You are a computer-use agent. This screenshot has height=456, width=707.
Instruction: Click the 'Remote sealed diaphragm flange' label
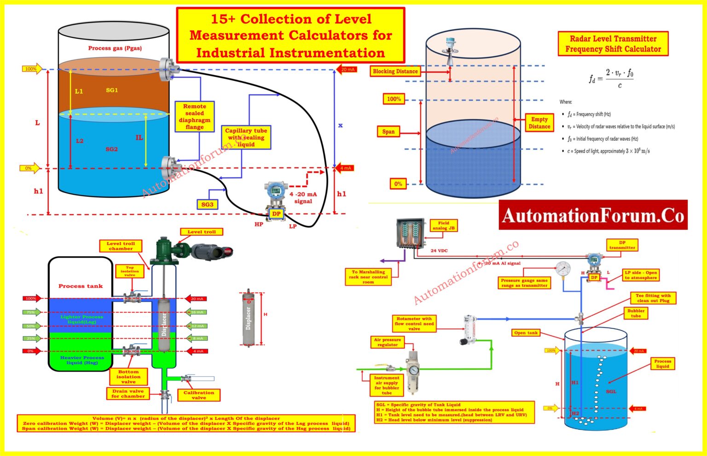[194, 116]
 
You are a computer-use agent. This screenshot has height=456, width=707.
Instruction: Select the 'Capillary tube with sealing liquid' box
[246, 137]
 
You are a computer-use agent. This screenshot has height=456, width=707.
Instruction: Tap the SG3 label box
[207, 204]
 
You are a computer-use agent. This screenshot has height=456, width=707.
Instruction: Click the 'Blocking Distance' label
[395, 71]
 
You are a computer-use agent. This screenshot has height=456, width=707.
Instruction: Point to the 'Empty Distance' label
[539, 123]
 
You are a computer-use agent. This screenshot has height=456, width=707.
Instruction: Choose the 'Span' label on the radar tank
[388, 131]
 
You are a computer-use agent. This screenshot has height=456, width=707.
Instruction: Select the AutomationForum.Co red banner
[593, 215]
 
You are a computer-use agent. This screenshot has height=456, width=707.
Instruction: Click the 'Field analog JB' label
[443, 225]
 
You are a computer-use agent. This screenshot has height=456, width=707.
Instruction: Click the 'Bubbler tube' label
[636, 314]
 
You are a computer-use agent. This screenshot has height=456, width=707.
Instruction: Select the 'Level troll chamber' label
[121, 246]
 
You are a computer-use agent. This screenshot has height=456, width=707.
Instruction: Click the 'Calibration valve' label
[199, 395]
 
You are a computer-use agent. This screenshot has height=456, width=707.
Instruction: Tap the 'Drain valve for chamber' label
[127, 393]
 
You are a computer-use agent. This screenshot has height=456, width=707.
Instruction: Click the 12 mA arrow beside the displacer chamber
[197, 326]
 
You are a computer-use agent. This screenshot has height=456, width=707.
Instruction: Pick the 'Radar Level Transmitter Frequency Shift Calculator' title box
[613, 44]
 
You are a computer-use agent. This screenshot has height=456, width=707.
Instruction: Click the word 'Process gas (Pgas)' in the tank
[115, 48]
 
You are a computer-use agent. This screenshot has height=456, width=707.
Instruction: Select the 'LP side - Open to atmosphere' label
[640, 275]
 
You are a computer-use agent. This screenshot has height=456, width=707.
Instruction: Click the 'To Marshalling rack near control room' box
[368, 277]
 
